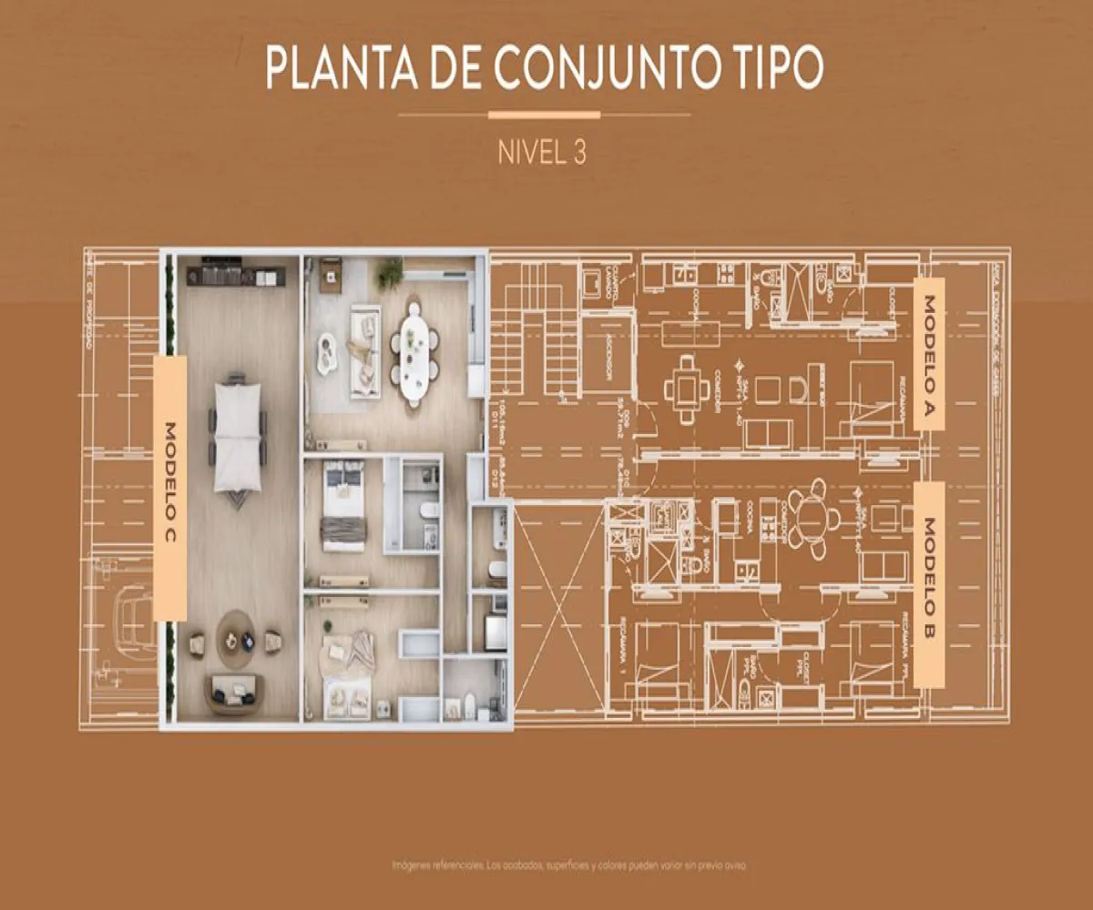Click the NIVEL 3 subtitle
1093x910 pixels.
[x=542, y=152]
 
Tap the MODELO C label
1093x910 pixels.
[x=170, y=488]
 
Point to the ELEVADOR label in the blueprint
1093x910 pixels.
[x=608, y=362]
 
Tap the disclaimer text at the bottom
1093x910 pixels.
[x=570, y=864]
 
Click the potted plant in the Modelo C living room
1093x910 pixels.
[x=391, y=271]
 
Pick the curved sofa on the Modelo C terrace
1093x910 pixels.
[x=236, y=694]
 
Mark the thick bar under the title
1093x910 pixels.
[x=545, y=115]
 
